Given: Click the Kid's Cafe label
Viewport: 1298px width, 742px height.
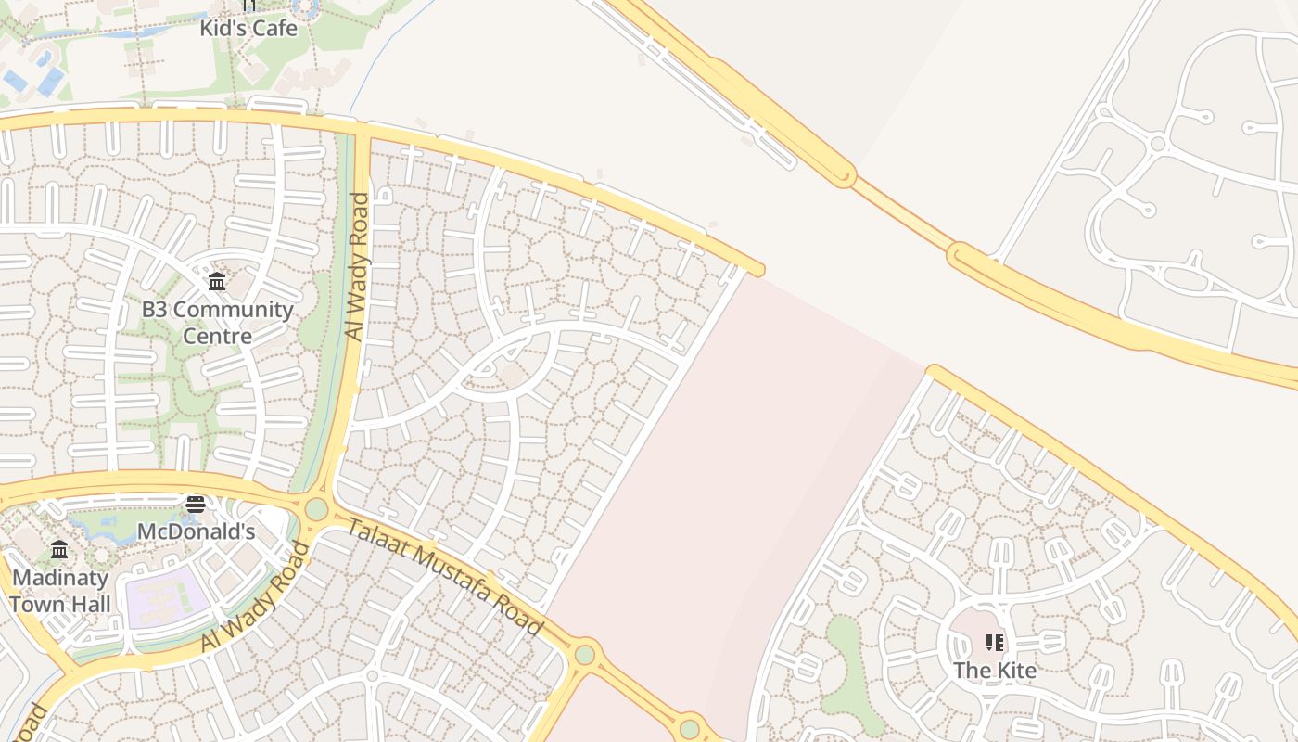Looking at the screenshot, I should pyautogui.click(x=249, y=28).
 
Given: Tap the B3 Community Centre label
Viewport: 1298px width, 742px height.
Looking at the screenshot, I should pyautogui.click(x=217, y=322).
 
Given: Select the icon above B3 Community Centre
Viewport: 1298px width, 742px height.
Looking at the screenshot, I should pyautogui.click(x=217, y=281).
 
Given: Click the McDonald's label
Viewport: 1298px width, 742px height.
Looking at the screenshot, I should pyautogui.click(x=196, y=531).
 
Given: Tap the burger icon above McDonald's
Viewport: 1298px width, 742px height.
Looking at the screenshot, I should pyautogui.click(x=195, y=505).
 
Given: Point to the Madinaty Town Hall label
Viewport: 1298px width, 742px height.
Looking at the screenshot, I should pyautogui.click(x=60, y=591).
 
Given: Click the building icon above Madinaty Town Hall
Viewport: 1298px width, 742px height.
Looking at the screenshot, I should pyautogui.click(x=59, y=550).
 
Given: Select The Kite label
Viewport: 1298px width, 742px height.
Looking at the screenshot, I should pyautogui.click(x=995, y=670).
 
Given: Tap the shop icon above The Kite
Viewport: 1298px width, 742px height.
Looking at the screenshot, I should pyautogui.click(x=995, y=642).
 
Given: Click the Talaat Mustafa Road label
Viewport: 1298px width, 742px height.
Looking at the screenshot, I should pyautogui.click(x=445, y=577).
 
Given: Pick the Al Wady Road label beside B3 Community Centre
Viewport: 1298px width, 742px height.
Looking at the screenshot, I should pyautogui.click(x=357, y=266).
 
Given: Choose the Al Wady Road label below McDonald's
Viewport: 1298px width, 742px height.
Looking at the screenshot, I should pyautogui.click(x=254, y=598).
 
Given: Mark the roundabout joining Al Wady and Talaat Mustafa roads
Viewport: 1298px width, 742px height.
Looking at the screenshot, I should pyautogui.click(x=317, y=509).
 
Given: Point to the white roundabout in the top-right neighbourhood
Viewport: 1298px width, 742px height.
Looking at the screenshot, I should pyautogui.click(x=1157, y=143).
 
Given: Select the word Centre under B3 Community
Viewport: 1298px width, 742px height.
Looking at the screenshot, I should pyautogui.click(x=217, y=335).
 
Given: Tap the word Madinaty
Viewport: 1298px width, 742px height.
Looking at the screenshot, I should pyautogui.click(x=60, y=578).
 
